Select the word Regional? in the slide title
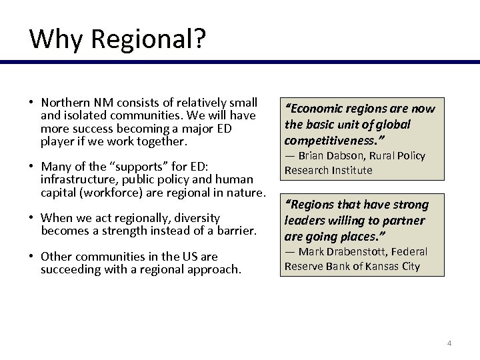click(148, 40)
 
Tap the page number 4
click(449, 343)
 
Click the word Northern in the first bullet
click(65, 103)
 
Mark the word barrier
click(235, 231)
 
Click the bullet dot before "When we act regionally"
click(31, 217)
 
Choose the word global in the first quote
click(391, 125)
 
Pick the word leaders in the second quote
click(304, 221)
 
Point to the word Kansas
click(384, 266)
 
